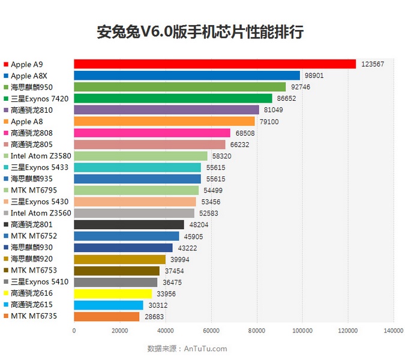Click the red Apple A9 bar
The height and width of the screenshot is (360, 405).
215,64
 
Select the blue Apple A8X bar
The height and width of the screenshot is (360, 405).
187,76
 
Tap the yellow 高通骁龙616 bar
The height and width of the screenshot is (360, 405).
113,293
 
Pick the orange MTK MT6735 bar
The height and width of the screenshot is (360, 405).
107,316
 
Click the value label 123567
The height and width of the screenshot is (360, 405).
373,64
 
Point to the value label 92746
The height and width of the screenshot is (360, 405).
301,87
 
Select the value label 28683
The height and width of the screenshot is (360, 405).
154,316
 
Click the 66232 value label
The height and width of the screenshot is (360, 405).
239,145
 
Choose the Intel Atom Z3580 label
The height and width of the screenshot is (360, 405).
37,156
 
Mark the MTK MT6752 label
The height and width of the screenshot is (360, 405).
34,236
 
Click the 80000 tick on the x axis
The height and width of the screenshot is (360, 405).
257,330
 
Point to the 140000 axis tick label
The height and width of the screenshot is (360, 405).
393,330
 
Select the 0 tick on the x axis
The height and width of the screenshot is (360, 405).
74,330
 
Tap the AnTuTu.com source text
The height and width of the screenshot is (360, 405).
205,348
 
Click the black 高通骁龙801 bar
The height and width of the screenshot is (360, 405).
129,224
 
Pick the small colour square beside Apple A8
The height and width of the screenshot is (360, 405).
5,122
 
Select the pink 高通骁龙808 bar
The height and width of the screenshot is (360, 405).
152,133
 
